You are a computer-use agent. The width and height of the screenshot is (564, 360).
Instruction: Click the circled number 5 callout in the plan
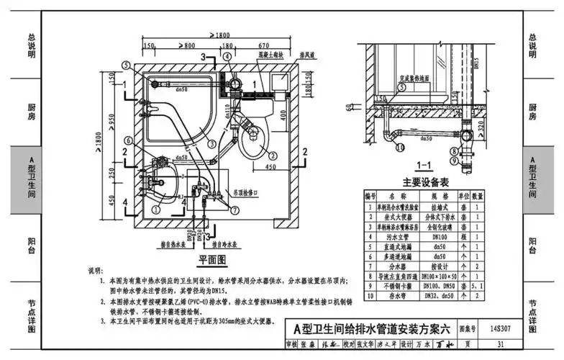pos(127,65)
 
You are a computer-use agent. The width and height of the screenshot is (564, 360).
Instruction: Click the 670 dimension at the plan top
pos(263,46)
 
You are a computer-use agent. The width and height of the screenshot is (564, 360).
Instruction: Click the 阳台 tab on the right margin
pos(533,245)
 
